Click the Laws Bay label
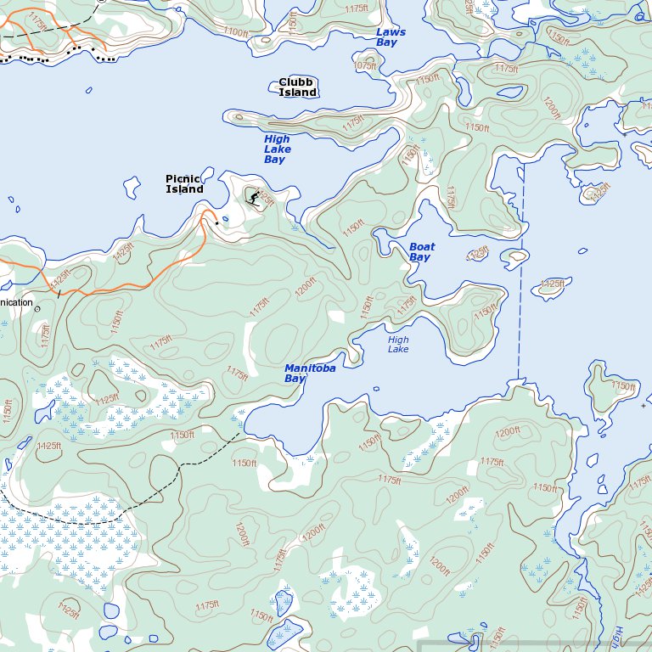pyautogui.click(x=391, y=37)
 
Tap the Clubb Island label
pyautogui.click(x=297, y=87)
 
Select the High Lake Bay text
pyautogui.click(x=277, y=149)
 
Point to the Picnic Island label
pyautogui.click(x=184, y=184)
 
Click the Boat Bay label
pyautogui.click(x=421, y=252)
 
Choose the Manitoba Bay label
pyautogui.click(x=309, y=374)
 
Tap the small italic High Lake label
pyautogui.click(x=398, y=344)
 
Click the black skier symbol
pyautogui.click(x=254, y=198)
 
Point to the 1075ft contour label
pyautogui.click(x=364, y=65)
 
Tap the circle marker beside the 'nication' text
pyautogui.click(x=37, y=309)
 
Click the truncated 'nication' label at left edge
pyautogui.click(x=16, y=302)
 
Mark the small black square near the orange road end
pyautogui.click(x=216, y=223)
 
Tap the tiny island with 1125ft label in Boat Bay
pyautogui.click(x=478, y=253)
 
